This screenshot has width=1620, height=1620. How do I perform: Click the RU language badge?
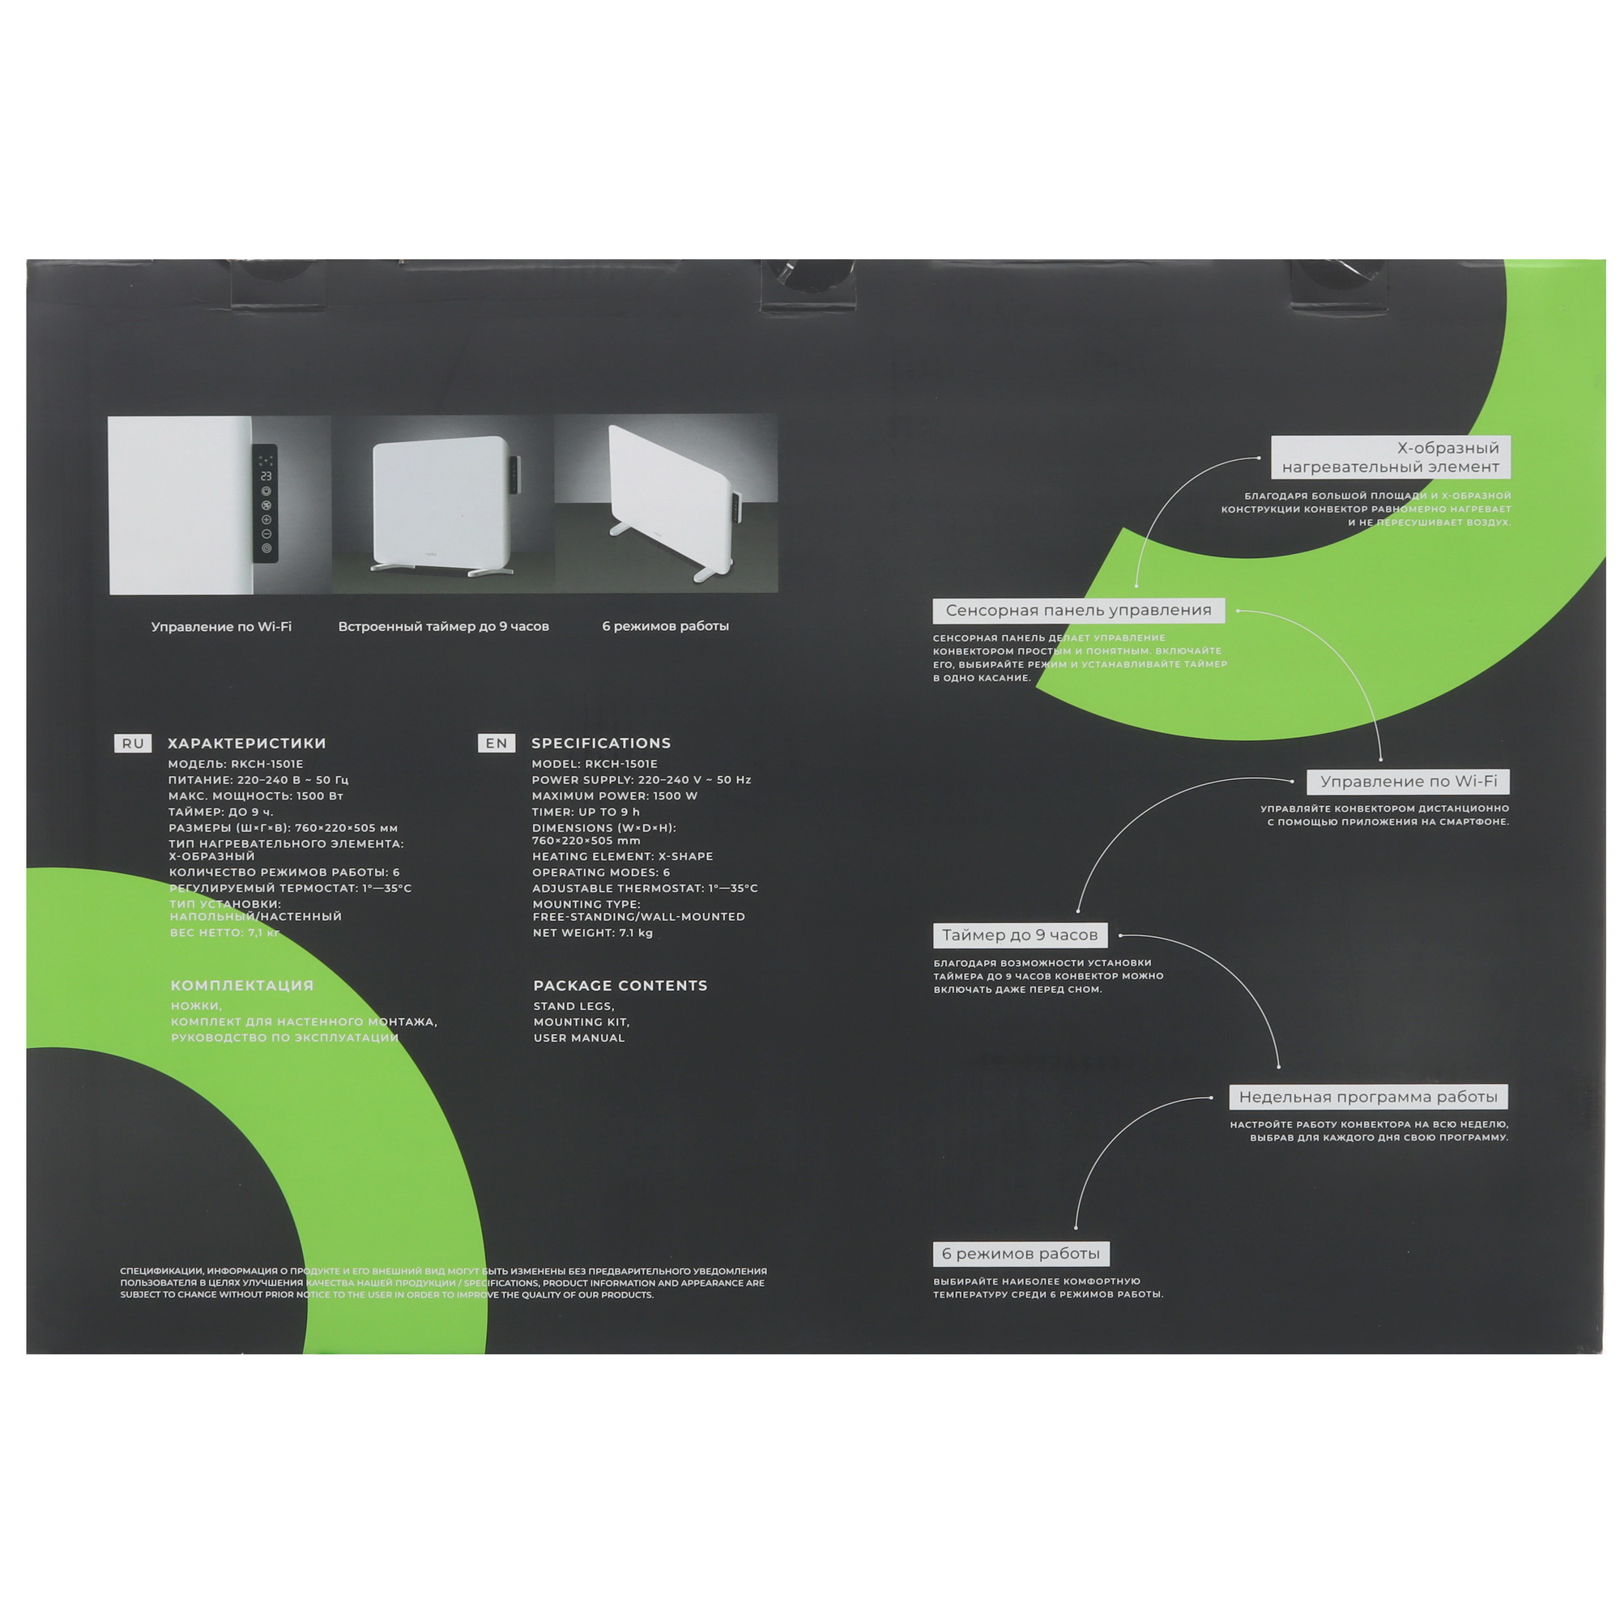point(133,743)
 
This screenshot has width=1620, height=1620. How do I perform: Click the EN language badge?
point(497,743)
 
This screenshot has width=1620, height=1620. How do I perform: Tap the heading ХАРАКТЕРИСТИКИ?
point(246,743)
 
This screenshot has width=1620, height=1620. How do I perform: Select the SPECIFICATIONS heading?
point(601,743)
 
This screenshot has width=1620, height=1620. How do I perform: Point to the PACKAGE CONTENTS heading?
point(620,985)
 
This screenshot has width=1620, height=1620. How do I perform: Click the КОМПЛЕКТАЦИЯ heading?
point(242,985)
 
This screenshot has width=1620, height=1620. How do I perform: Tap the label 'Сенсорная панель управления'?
point(1078,611)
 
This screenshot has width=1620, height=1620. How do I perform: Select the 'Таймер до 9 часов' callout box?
point(1020,935)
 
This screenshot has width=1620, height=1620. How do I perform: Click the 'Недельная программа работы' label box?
point(1367,1097)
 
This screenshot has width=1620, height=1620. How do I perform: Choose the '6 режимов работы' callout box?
point(1021,1254)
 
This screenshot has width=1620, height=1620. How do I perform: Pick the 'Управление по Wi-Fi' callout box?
point(1408,782)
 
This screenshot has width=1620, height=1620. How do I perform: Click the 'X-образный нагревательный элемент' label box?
point(1390,457)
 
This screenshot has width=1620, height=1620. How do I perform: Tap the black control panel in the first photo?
point(265,503)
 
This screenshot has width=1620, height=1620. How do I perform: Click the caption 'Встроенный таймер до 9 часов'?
point(444,626)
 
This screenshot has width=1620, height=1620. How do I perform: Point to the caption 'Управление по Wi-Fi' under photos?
point(221,626)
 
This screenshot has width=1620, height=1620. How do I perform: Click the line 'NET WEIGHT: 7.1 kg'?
point(593,932)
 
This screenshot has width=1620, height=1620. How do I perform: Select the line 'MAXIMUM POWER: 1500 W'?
point(615,795)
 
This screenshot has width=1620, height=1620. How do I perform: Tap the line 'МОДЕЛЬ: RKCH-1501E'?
point(236,764)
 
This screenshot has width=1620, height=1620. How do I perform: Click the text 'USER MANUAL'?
point(579,1038)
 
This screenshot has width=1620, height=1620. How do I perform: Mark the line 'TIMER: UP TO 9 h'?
point(586,812)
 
